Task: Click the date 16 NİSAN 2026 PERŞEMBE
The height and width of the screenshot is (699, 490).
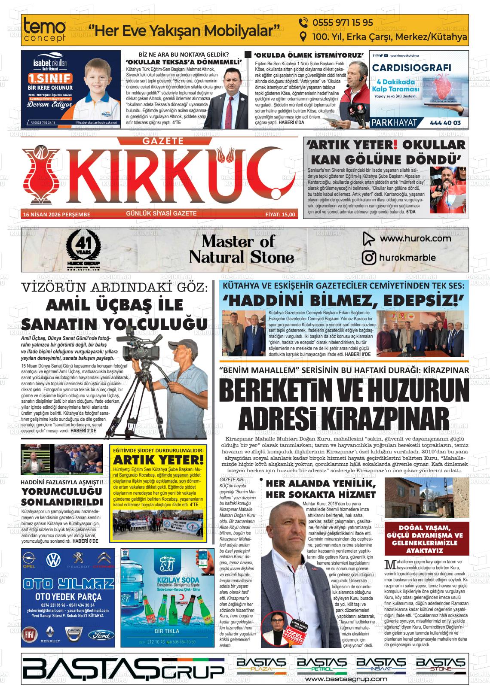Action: [x=56, y=214]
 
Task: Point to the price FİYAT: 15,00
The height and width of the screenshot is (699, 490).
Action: [x=280, y=214]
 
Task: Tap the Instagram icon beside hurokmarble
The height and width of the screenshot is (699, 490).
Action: [x=369, y=258]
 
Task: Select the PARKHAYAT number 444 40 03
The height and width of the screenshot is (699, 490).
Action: [x=445, y=123]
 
